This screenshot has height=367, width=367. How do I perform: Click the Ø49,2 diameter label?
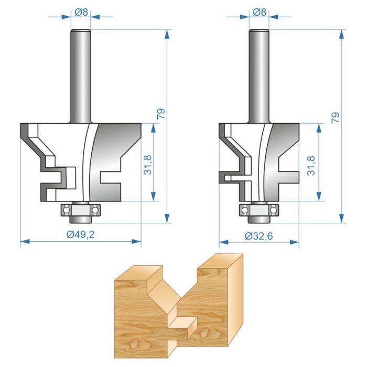pyautogui.click(x=81, y=234)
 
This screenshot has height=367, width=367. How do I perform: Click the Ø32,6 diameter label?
pyautogui.click(x=259, y=236)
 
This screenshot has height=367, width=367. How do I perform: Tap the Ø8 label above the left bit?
pyautogui.click(x=81, y=12)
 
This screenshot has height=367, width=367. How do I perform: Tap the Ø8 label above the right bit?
pyautogui.click(x=260, y=12)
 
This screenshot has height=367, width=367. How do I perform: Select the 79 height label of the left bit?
pyautogui.click(x=161, y=114)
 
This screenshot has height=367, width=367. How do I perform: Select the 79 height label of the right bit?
pyautogui.click(x=336, y=117)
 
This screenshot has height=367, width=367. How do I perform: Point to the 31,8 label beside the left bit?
pyautogui.click(x=148, y=165)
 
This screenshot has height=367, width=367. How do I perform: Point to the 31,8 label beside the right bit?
pyautogui.click(x=311, y=166)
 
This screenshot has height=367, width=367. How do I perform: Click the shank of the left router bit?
pyautogui.click(x=81, y=76)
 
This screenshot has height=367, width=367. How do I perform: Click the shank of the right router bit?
pyautogui.click(x=259, y=76)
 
